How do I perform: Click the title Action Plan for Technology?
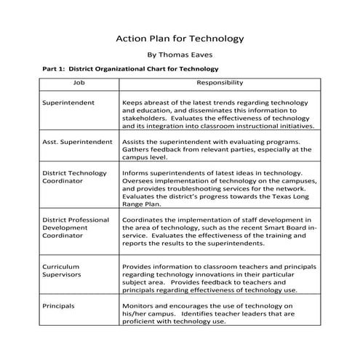click(x=180, y=38)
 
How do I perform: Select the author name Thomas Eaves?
click(x=180, y=55)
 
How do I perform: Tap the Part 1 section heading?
click(x=130, y=70)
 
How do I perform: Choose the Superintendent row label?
click(x=68, y=103)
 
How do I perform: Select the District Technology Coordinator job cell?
click(x=76, y=178)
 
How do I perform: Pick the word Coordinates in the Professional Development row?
click(x=145, y=219)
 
